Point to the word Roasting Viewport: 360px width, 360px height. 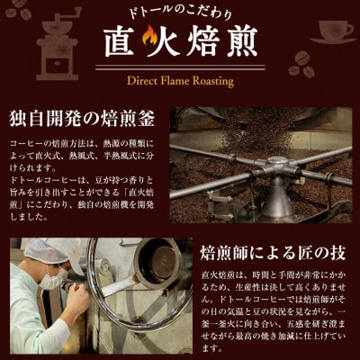tap(222, 81)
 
